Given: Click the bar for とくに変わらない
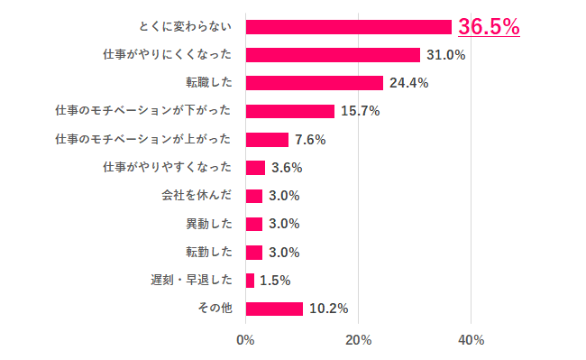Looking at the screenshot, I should [x=348, y=27].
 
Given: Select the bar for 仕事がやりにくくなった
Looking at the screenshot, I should [x=332, y=55].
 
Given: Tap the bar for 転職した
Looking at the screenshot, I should [x=314, y=83].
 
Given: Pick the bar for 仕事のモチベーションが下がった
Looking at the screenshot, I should [x=289, y=111].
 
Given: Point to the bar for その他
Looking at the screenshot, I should [x=273, y=309].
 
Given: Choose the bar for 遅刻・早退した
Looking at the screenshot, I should [x=250, y=281].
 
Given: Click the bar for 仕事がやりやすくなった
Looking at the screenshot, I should [x=255, y=168].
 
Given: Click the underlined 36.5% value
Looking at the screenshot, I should [x=489, y=27].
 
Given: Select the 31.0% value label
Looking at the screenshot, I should [x=445, y=55].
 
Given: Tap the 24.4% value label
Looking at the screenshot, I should [x=408, y=83].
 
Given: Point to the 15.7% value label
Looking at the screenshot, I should [x=360, y=111].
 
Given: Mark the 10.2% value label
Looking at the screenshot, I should [x=328, y=309].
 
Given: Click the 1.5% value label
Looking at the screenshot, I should [x=274, y=281].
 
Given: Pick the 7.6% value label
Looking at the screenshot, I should [x=310, y=140].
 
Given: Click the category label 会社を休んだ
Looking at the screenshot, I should [x=197, y=196].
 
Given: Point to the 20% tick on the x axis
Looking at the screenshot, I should [x=358, y=340].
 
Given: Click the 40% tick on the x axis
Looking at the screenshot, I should [x=471, y=340].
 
